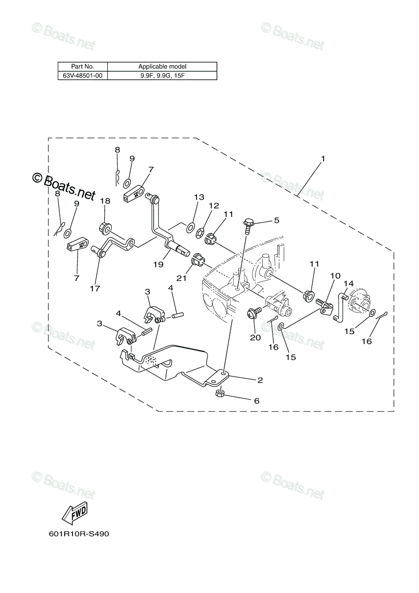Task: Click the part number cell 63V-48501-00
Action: [x=83, y=76]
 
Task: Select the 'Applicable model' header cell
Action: [x=162, y=66]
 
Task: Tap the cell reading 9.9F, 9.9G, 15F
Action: [x=162, y=76]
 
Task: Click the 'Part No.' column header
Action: [x=83, y=66]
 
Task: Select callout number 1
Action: [x=323, y=159]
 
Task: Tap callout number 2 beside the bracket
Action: [x=260, y=380]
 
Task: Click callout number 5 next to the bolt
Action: [x=277, y=220]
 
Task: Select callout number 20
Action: [x=255, y=338]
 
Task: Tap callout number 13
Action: [x=199, y=197]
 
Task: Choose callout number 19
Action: [x=158, y=264]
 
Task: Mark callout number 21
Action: [x=181, y=278]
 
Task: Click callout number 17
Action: [x=95, y=288]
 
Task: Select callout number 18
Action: [x=105, y=201]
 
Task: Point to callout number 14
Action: [x=349, y=284]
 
